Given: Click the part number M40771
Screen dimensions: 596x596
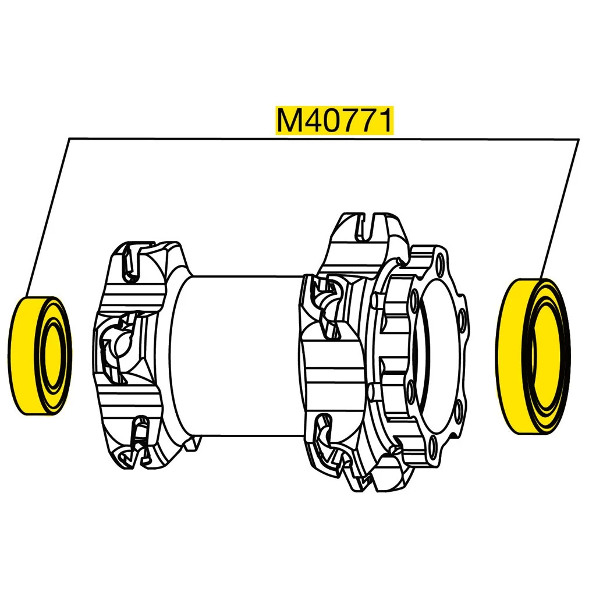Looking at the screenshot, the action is click(334, 120).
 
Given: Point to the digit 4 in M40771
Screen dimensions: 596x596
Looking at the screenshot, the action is click(312, 120).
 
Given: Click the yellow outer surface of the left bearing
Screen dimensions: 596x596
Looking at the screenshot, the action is click(23, 356).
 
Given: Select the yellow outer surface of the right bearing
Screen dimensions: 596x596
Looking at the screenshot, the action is click(511, 356).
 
